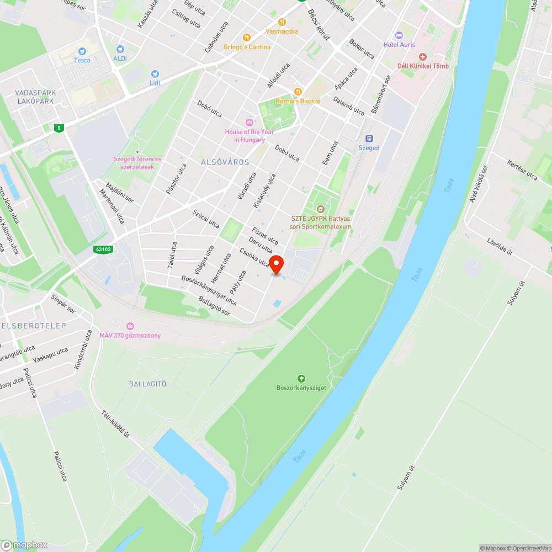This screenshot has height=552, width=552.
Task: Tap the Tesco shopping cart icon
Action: (82, 51)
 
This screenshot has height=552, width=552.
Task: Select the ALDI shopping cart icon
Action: (120, 49)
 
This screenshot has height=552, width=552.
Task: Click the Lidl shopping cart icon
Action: (155, 73)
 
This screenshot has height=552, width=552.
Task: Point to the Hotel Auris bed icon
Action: (400, 35)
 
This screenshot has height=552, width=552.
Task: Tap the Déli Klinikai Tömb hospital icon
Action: (423, 57)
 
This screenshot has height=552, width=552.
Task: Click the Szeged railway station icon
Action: (369, 139)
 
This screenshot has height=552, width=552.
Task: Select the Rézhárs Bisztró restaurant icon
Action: (298, 92)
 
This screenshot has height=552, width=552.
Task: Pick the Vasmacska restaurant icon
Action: (282, 22)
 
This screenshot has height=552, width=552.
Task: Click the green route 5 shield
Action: (59, 128)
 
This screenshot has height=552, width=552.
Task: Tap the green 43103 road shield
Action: (103, 250)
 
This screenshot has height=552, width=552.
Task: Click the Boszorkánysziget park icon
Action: (301, 378)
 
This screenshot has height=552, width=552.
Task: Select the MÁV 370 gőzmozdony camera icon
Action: (130, 326)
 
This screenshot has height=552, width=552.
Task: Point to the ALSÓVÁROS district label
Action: (225, 162)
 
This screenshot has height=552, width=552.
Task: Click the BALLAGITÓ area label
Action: (147, 384)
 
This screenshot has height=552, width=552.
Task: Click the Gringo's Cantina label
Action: (247, 47)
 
